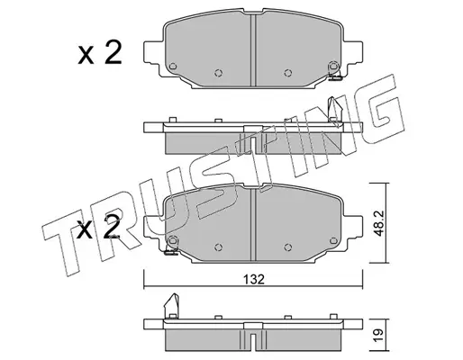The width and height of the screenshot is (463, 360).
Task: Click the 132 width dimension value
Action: pyautogui.click(x=254, y=280)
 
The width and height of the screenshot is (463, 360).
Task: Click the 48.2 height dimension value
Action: pyautogui.click(x=378, y=222)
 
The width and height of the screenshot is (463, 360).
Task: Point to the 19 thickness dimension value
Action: pyautogui.click(x=378, y=335)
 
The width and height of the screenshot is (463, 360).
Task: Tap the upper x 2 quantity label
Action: pyautogui.click(x=100, y=53)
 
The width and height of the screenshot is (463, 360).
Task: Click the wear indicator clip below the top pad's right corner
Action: pyautogui.click(x=335, y=77)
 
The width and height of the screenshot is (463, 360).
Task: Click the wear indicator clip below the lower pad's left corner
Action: pyautogui.click(x=171, y=252)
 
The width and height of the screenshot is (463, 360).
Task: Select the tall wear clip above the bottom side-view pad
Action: pyautogui.click(x=172, y=305)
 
